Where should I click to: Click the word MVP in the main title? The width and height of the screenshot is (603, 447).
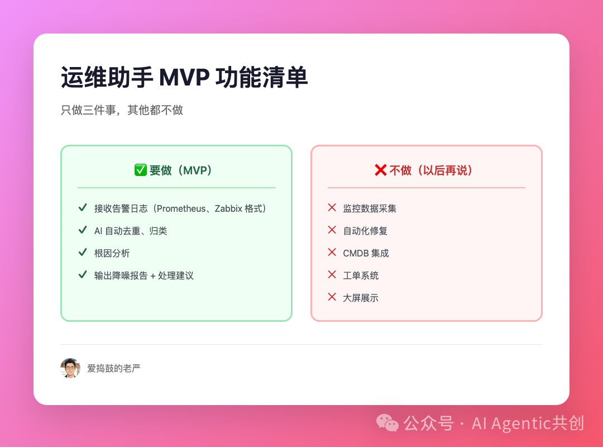(184, 78)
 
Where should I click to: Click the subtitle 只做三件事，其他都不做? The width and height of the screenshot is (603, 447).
(122, 110)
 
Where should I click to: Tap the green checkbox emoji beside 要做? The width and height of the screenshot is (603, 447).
(140, 170)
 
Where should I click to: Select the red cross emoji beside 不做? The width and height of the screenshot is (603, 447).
(380, 170)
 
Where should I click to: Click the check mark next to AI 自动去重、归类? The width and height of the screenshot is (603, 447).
(83, 230)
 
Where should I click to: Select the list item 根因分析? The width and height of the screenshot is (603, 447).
(112, 253)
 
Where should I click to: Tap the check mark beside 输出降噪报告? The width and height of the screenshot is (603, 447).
(83, 274)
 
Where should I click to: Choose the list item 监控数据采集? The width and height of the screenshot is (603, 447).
(370, 208)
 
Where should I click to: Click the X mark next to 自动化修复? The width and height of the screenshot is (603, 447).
(332, 230)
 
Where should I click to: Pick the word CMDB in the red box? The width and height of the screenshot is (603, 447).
(355, 253)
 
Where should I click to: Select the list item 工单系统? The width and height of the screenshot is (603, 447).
(361, 275)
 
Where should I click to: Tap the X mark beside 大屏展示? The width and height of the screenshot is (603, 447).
(332, 297)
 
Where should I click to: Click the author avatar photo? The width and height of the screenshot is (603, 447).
(70, 368)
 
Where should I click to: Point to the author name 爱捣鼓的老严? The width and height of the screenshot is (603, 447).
(114, 368)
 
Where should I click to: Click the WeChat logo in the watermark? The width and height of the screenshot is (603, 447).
(387, 422)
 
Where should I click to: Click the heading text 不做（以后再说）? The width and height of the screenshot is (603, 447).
(431, 170)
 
